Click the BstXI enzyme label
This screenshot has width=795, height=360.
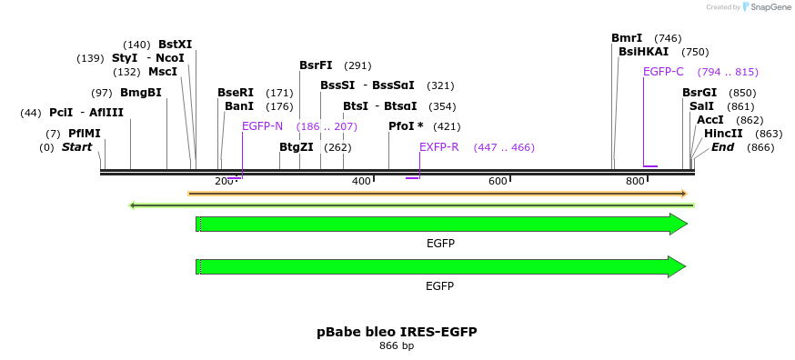pos(175,45)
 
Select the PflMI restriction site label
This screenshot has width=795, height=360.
pos(85,134)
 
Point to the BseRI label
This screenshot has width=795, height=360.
pos(236,93)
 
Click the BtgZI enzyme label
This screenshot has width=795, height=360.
pos(297,147)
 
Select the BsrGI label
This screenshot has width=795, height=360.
pos(699,93)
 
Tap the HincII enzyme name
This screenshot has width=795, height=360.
pos(723,134)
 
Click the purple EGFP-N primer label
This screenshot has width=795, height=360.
pos(262,126)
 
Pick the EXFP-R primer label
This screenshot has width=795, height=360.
pos(439,147)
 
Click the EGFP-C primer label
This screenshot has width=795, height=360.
pos(663,72)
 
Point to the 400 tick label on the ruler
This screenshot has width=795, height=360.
pos(361,181)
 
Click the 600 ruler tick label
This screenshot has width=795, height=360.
pos(498,181)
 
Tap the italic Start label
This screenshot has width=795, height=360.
pos(77,147)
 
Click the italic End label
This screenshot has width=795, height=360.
pos(722,147)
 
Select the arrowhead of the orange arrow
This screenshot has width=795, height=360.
pos(684,194)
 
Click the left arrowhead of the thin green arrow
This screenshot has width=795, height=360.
pos(132,205)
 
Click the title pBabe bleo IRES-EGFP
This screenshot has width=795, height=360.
pos(397,332)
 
